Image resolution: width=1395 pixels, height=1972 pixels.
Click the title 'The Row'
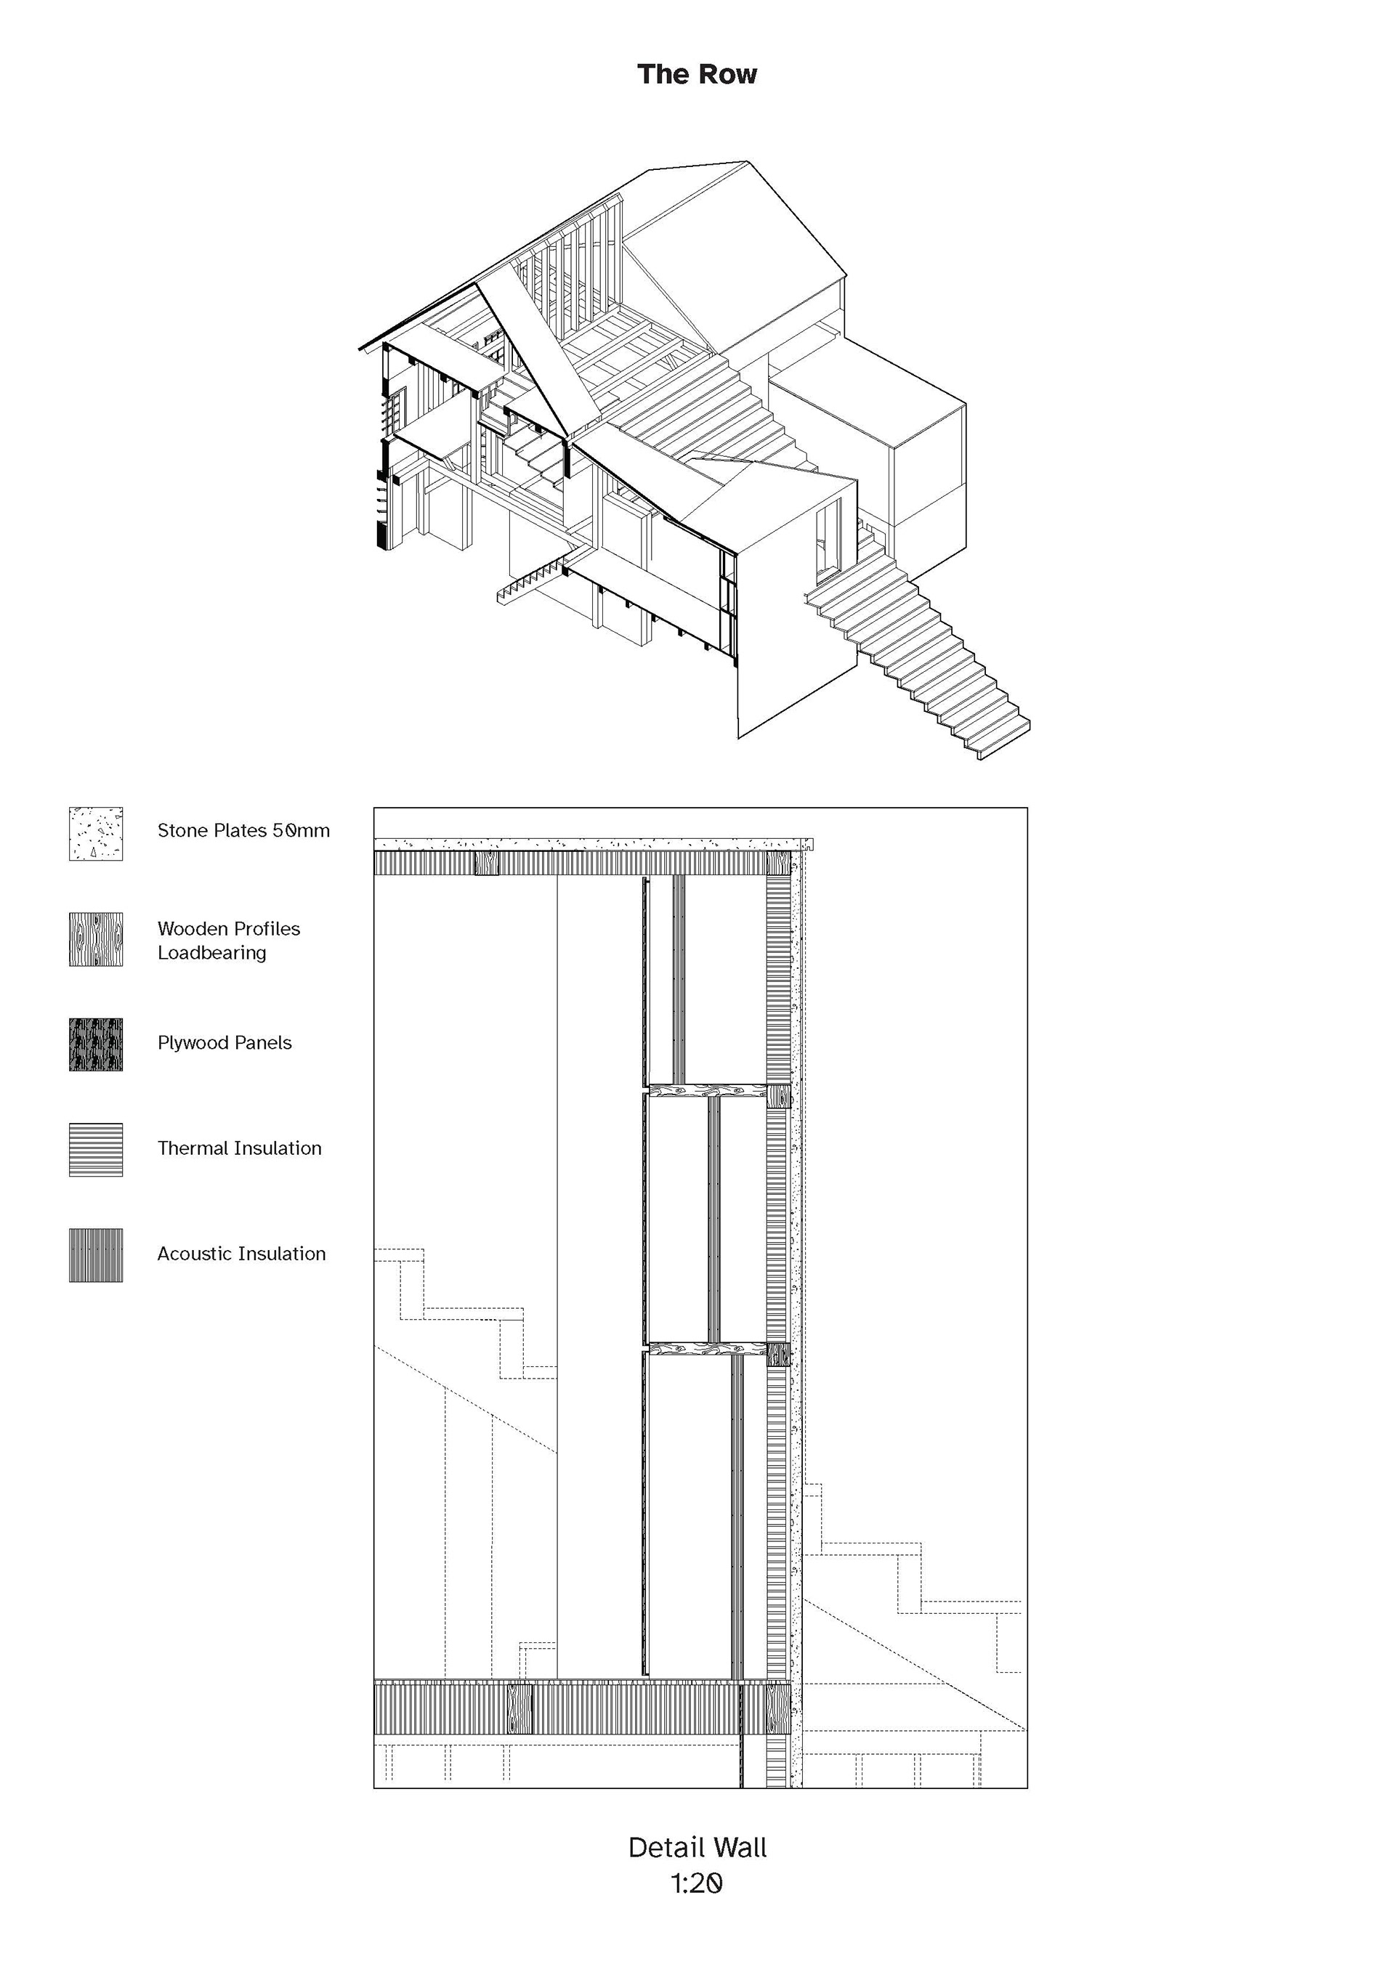pos(697,74)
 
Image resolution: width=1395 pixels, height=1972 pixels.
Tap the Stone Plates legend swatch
pos(95,833)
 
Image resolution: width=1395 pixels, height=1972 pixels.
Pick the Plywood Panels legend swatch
pos(95,1044)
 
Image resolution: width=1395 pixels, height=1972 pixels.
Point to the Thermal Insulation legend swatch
pos(95,1149)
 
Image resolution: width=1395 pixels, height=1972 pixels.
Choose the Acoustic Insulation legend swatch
pos(95,1255)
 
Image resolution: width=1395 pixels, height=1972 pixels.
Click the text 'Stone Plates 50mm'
pos(243,830)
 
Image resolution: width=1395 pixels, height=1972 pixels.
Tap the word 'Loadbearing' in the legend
pos(211,952)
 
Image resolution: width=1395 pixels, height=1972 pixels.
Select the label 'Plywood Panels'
pos(225,1043)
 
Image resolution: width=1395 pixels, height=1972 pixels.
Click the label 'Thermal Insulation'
pos(239,1148)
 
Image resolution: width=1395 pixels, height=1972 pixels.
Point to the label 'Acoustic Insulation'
pos(241,1254)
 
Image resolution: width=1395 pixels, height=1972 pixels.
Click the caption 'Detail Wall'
pos(697,1848)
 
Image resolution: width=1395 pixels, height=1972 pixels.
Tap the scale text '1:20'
pos(697,1883)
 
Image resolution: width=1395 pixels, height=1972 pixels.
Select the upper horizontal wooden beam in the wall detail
pos(706,1091)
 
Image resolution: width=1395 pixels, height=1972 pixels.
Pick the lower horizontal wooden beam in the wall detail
pos(706,1350)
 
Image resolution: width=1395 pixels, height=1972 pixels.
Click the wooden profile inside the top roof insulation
pos(486,862)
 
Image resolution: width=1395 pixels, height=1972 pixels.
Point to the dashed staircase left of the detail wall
pos(464,1314)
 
